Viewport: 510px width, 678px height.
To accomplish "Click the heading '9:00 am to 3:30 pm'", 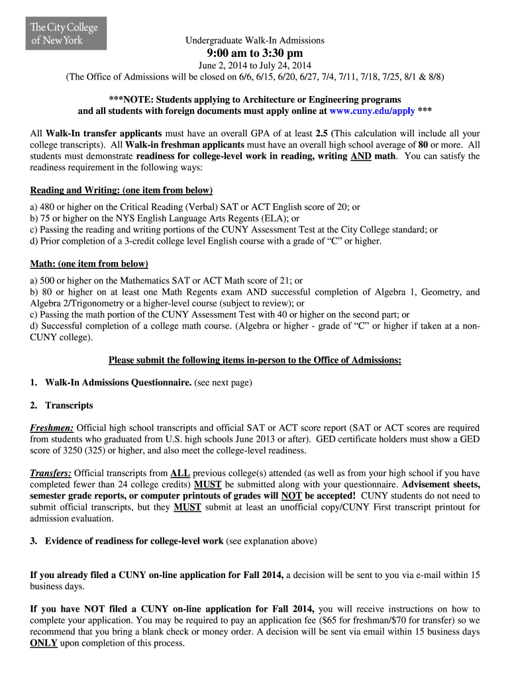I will (x=254, y=53).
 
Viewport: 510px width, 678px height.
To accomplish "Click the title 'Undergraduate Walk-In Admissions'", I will (x=254, y=40).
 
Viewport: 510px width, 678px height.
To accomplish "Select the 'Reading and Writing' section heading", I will (x=121, y=191).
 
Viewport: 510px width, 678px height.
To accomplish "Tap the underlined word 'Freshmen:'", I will (x=52, y=428).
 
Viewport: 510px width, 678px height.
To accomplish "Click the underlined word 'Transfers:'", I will (x=51, y=473).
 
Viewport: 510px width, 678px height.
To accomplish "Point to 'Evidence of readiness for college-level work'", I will (x=134, y=541).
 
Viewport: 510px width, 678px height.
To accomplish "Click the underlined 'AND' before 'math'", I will (x=360, y=156).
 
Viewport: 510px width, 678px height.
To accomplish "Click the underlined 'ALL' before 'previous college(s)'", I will (x=180, y=473).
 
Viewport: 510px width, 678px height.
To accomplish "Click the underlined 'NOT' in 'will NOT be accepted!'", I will (x=291, y=496).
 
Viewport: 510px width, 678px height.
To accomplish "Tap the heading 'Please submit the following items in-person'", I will (x=254, y=360).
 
